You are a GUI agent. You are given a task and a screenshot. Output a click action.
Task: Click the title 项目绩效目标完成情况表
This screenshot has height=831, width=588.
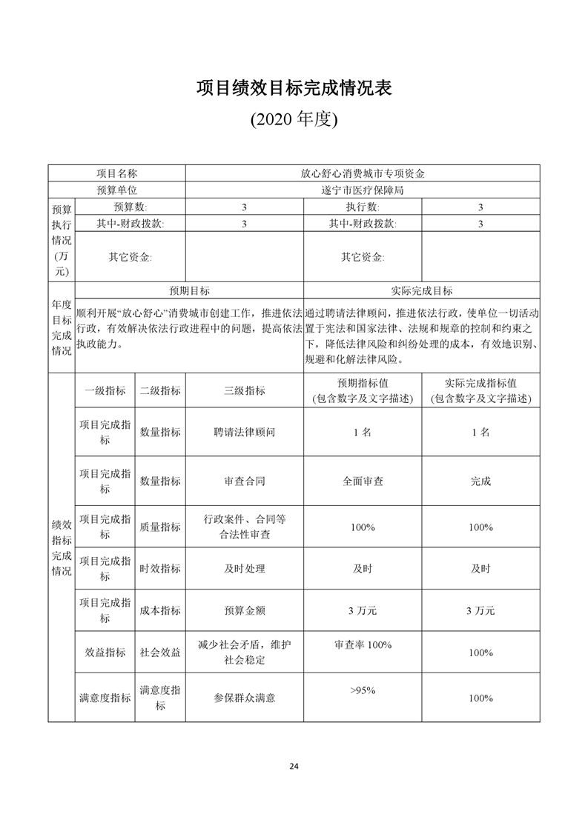pyautogui.click(x=294, y=88)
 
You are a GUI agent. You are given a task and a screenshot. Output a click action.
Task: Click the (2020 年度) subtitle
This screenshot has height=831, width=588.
pyautogui.click(x=294, y=119)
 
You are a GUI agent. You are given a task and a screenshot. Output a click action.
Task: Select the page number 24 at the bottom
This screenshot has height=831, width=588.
pyautogui.click(x=294, y=766)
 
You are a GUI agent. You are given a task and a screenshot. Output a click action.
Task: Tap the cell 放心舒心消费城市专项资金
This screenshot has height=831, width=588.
pyautogui.click(x=363, y=173)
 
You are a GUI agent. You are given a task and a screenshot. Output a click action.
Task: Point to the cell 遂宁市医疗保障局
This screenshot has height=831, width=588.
pyautogui.click(x=363, y=190)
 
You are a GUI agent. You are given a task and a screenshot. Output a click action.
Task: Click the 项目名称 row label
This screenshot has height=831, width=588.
pyautogui.click(x=117, y=173)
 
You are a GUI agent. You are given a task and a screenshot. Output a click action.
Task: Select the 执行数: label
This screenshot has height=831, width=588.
pyautogui.click(x=363, y=207)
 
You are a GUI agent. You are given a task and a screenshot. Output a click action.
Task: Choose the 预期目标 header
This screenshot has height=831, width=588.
pyautogui.click(x=190, y=291)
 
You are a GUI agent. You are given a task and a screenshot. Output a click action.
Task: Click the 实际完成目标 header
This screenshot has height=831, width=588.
pyautogui.click(x=421, y=291)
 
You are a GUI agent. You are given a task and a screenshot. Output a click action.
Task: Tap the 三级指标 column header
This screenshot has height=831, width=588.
pyautogui.click(x=245, y=391)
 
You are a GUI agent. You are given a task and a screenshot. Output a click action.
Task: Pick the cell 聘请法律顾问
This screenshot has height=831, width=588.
pyautogui.click(x=245, y=433)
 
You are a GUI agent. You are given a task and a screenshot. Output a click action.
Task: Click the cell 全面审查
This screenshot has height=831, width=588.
pyautogui.click(x=363, y=481)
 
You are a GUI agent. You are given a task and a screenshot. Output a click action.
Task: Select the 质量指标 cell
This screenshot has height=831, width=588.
pyautogui.click(x=160, y=527)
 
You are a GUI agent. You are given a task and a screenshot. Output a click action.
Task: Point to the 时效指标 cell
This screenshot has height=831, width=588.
pyautogui.click(x=160, y=569)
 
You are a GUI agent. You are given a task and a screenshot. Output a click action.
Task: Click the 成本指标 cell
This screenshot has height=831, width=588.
pyautogui.click(x=160, y=611)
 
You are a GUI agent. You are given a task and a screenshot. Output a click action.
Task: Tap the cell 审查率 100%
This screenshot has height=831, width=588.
pyautogui.click(x=363, y=645)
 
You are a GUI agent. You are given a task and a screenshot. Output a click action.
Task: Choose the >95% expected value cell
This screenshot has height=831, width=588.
pyautogui.click(x=363, y=690)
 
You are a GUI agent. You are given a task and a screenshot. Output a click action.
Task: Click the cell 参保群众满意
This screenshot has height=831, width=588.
pyautogui.click(x=245, y=698)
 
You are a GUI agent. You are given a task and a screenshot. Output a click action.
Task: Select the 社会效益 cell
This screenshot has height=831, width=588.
pyautogui.click(x=160, y=653)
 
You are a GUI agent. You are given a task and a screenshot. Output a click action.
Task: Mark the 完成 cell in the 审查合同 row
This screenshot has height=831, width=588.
pyautogui.click(x=480, y=481)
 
